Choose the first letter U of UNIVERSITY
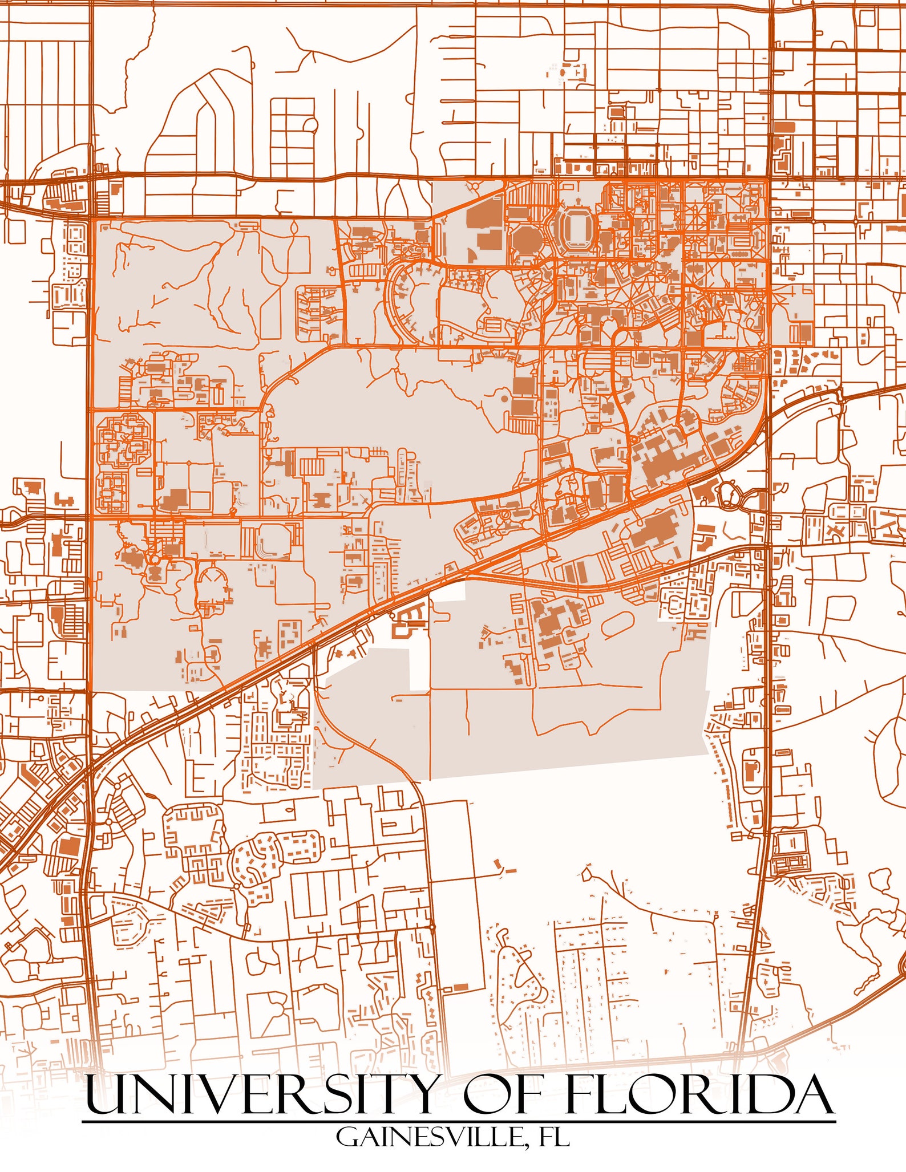pos(103,1093)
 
